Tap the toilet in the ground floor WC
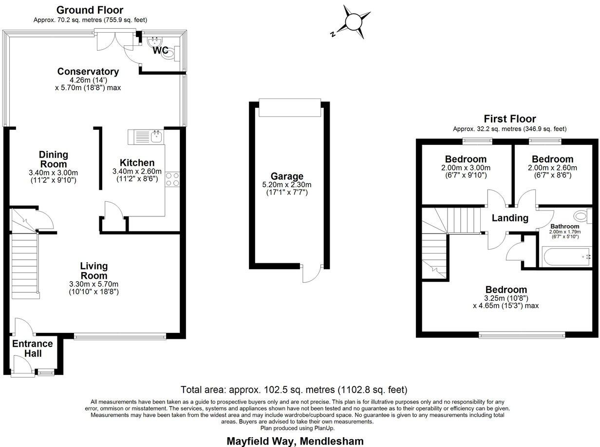[169, 55]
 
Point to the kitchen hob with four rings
[172, 179]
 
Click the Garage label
[287, 176]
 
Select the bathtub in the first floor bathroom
[566, 256]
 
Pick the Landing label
[510, 218]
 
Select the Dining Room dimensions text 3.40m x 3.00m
[54, 173]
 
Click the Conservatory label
[88, 71]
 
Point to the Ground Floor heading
[90, 10]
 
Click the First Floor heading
[509, 118]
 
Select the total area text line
[294, 389]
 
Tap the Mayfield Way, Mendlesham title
[295, 441]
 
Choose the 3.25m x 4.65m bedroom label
[506, 289]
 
